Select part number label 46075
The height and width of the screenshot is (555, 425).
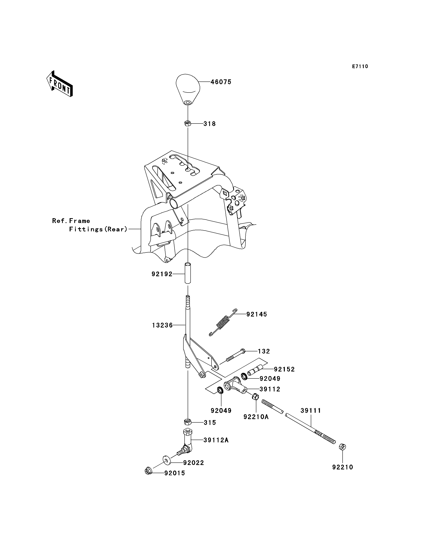pos(221,82)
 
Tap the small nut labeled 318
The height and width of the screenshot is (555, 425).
pos(188,124)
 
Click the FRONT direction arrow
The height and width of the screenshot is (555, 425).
pos(60,84)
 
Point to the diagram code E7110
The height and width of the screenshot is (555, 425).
pos(360,66)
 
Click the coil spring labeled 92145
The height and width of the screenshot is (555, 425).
pos(223,322)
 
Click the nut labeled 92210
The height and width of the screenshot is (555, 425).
pos(342,447)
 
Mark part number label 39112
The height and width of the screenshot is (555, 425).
pos(270,389)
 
